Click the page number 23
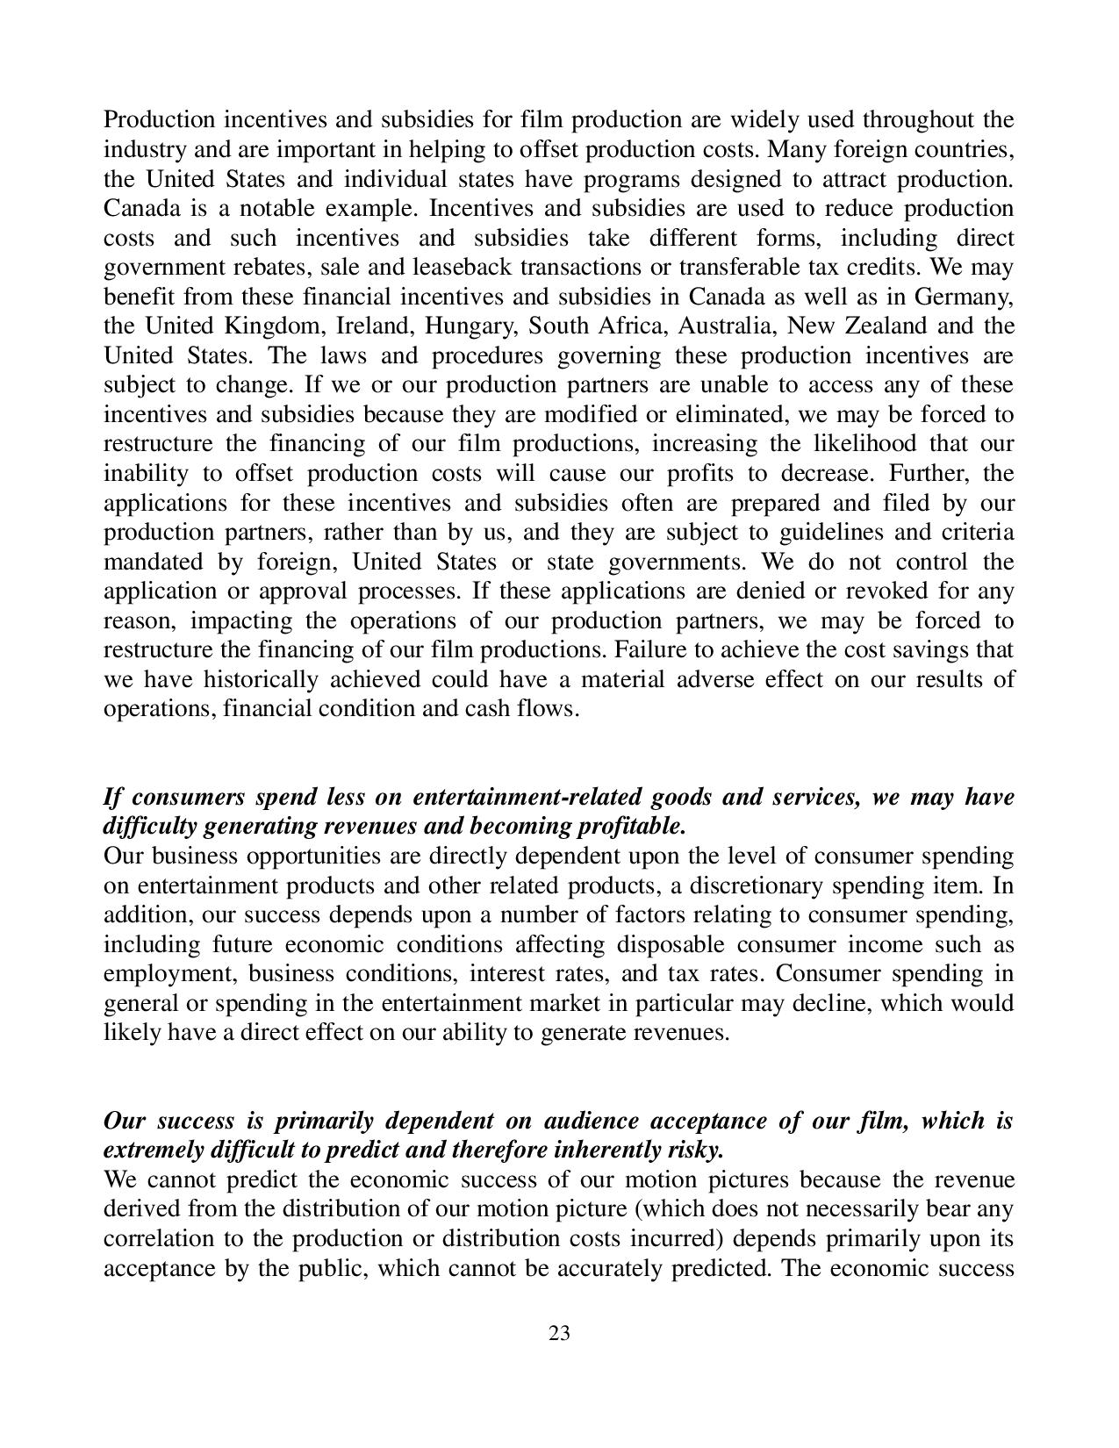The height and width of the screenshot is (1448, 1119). coord(559,1334)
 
